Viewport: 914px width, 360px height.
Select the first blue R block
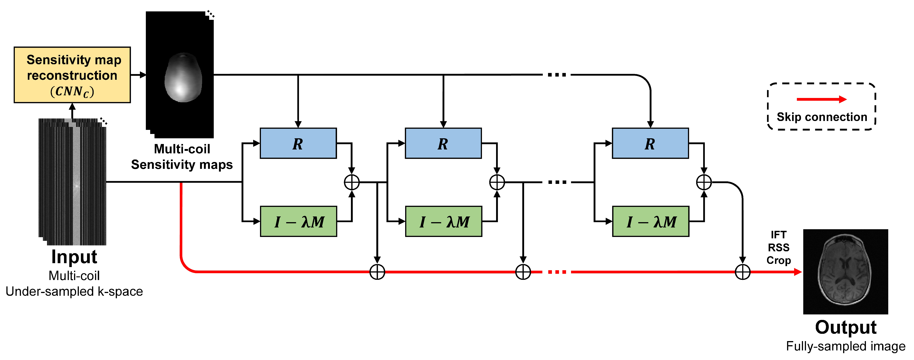298,143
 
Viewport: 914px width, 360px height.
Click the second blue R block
443,143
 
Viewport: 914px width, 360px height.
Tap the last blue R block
650,143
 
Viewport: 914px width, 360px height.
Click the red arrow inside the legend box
821,99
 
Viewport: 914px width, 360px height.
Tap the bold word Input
74,257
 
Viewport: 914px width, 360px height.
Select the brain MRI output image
845,272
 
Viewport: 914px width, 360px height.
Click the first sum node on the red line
377,272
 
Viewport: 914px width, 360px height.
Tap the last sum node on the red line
743,272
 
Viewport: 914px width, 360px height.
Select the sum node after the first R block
352,182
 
